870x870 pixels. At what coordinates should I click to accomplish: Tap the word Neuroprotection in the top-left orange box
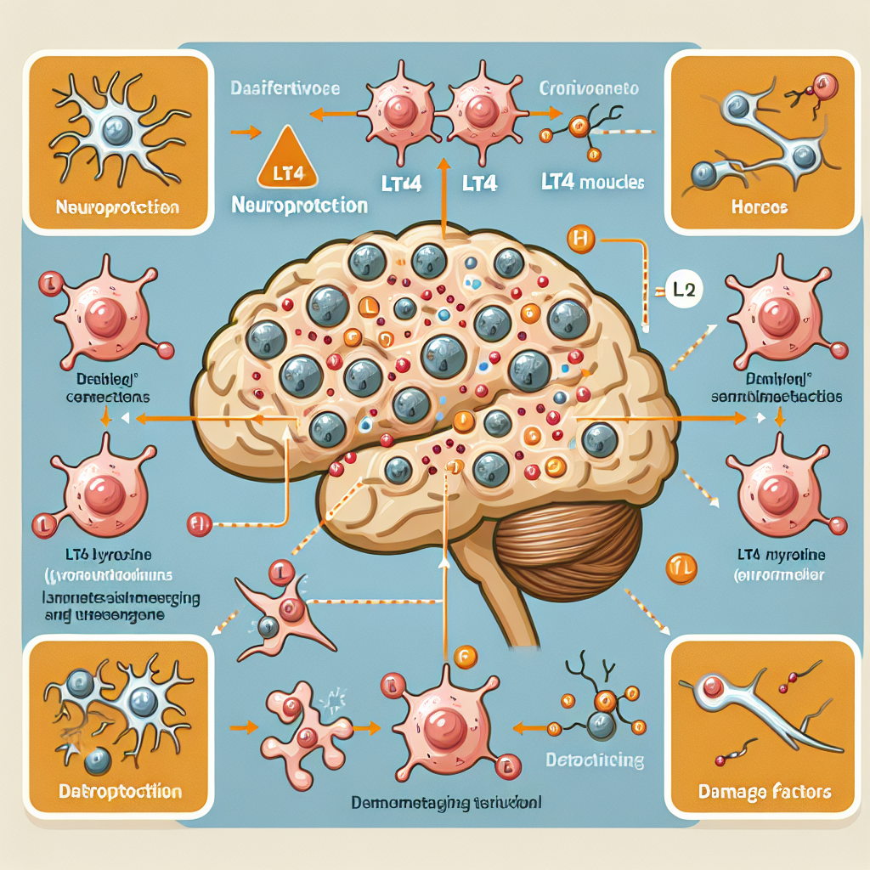117,206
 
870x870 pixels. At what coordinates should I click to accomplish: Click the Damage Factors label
764,793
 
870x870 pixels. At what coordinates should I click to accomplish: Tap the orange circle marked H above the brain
581,240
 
